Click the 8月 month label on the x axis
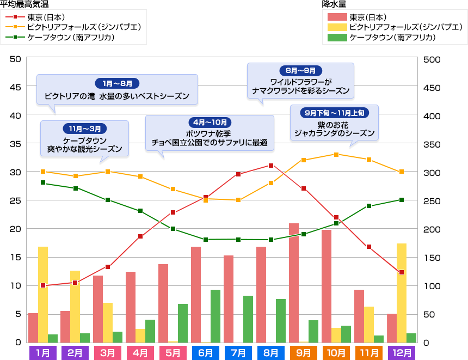tap(271, 352)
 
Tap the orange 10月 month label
tap(336, 352)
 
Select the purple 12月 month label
tap(402, 352)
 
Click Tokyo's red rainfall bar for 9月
tap(294, 283)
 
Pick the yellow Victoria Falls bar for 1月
tap(43, 294)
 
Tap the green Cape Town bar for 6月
tap(215, 316)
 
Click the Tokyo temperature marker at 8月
tap(271, 165)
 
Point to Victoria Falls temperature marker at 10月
tap(336, 155)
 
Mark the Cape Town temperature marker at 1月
tap(43, 183)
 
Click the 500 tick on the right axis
tap(430, 59)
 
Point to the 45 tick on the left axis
tap(16, 87)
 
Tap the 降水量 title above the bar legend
tap(335, 5)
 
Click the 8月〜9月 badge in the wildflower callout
tap(300, 71)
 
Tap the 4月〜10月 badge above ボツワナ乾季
tap(210, 122)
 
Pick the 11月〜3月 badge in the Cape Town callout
tap(85, 129)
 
